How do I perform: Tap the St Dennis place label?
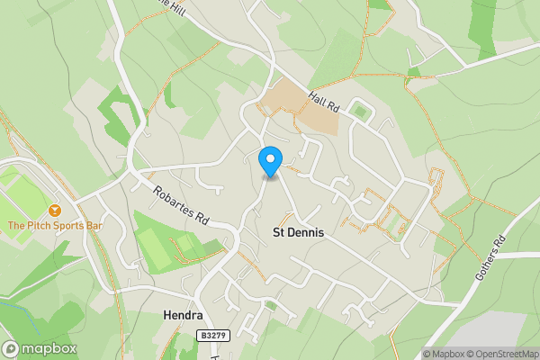(298, 232)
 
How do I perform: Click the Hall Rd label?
(322, 105)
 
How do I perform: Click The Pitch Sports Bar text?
(54, 225)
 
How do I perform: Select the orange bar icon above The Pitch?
(55, 210)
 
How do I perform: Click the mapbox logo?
(40, 349)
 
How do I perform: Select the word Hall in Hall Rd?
(317, 101)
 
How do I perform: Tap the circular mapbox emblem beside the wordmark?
(11, 349)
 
